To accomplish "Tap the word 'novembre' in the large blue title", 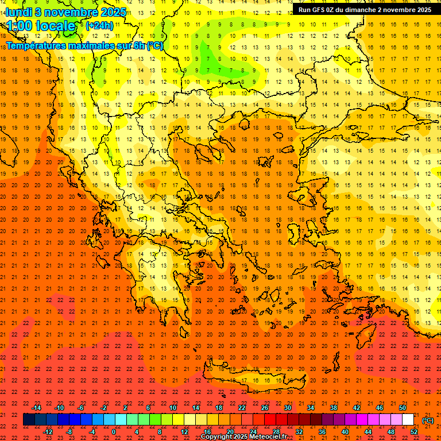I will [x=71, y=11].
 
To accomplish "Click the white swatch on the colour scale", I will [x=408, y=420].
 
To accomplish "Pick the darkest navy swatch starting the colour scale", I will [x=29, y=420].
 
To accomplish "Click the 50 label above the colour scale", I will [x=402, y=408].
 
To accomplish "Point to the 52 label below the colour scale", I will [x=414, y=432].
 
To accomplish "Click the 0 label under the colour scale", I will [x=114, y=432].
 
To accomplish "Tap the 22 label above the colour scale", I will [x=242, y=408].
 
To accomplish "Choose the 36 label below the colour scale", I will [x=322, y=432].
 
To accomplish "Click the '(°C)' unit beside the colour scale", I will [x=428, y=420].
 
